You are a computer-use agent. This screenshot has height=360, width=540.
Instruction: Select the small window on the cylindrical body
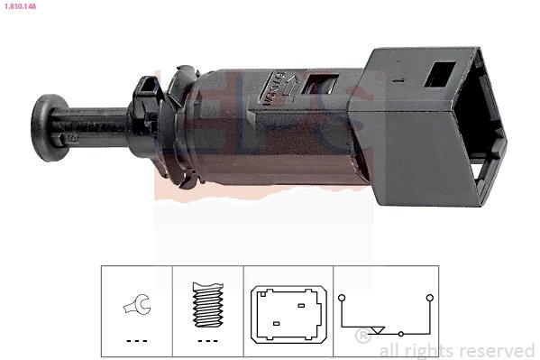pos(316,88)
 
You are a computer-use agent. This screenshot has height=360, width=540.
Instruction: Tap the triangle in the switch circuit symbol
pos(380,328)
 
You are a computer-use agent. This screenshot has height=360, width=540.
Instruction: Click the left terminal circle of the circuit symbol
pos(341,296)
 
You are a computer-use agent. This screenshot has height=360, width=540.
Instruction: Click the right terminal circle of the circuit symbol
pos(430,296)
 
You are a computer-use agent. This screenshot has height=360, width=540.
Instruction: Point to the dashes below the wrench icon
pos(137,340)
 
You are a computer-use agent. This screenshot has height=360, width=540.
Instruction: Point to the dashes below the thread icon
pos(208,340)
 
